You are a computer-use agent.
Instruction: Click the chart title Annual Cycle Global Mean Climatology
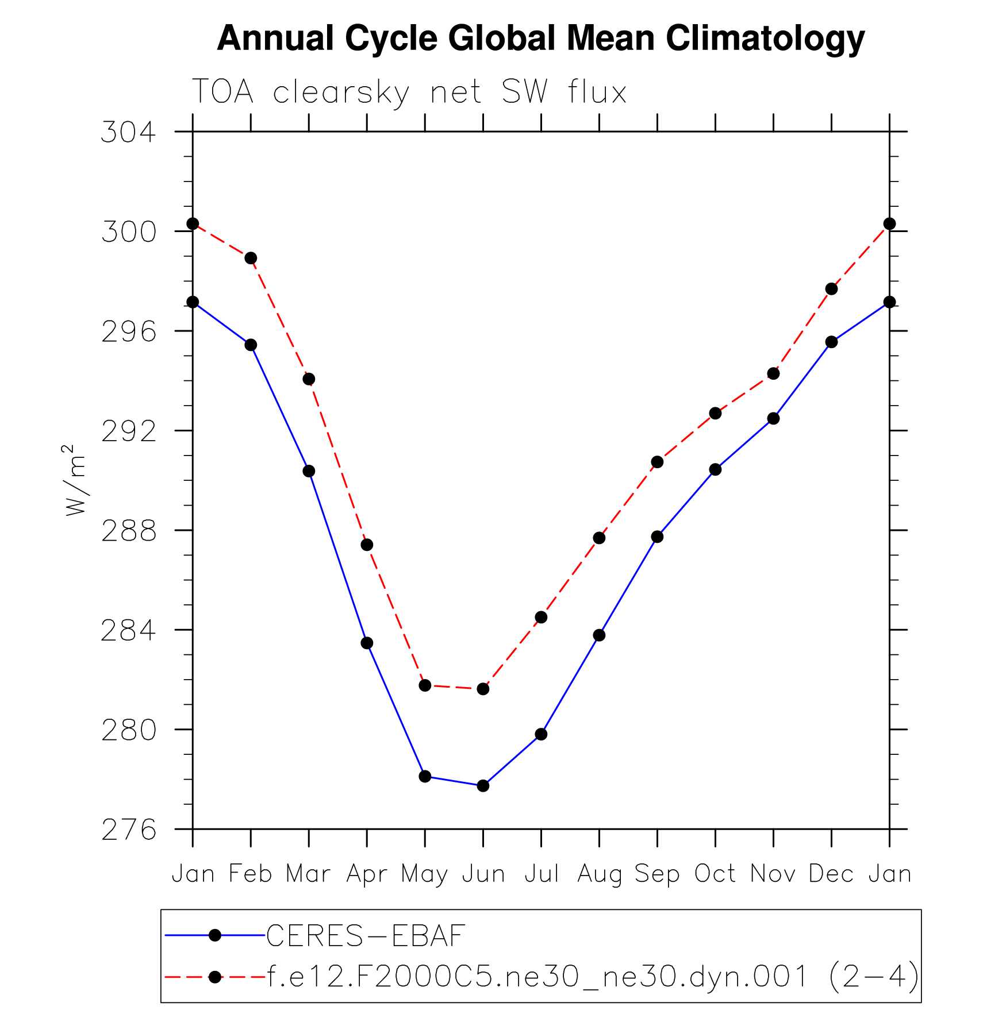point(540,39)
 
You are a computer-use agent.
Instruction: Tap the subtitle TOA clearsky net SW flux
point(409,92)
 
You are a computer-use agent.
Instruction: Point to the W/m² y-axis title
point(76,480)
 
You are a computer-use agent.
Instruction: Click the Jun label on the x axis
point(483,874)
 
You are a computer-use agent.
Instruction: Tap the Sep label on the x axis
point(657,874)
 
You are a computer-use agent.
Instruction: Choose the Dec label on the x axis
point(831,874)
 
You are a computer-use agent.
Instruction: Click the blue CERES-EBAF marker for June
point(483,785)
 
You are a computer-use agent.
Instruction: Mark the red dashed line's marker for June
point(483,689)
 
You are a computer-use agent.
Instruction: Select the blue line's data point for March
point(309,471)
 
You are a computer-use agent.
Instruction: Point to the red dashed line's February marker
point(251,258)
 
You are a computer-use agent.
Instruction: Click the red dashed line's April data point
point(367,545)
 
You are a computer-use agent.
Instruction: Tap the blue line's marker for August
point(599,635)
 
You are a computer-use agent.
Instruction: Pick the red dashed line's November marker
point(773,373)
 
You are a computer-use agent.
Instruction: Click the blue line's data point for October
point(715,469)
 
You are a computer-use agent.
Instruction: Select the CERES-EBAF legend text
point(366,936)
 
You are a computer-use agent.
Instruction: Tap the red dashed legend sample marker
point(215,977)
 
